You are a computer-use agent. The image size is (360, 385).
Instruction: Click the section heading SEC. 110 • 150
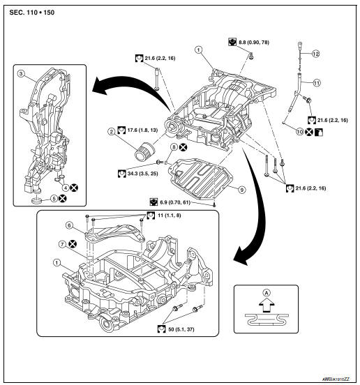[35, 15]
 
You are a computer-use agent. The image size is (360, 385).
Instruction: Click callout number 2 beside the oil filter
[111, 130]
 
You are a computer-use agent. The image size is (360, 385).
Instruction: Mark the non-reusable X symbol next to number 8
[182, 147]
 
